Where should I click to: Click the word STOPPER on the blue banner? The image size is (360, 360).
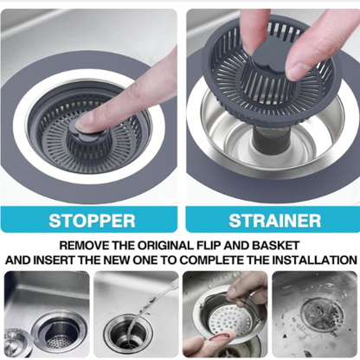tap(92, 219)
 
